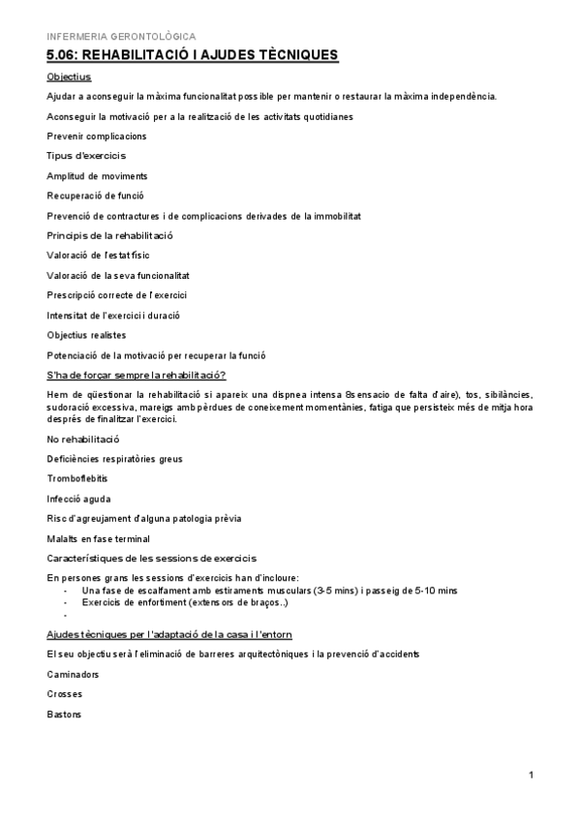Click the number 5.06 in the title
[64, 55]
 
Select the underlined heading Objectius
[68, 76]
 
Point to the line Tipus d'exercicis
[86, 155]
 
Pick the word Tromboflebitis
[77, 478]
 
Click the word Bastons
[64, 715]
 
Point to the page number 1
[532, 775]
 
